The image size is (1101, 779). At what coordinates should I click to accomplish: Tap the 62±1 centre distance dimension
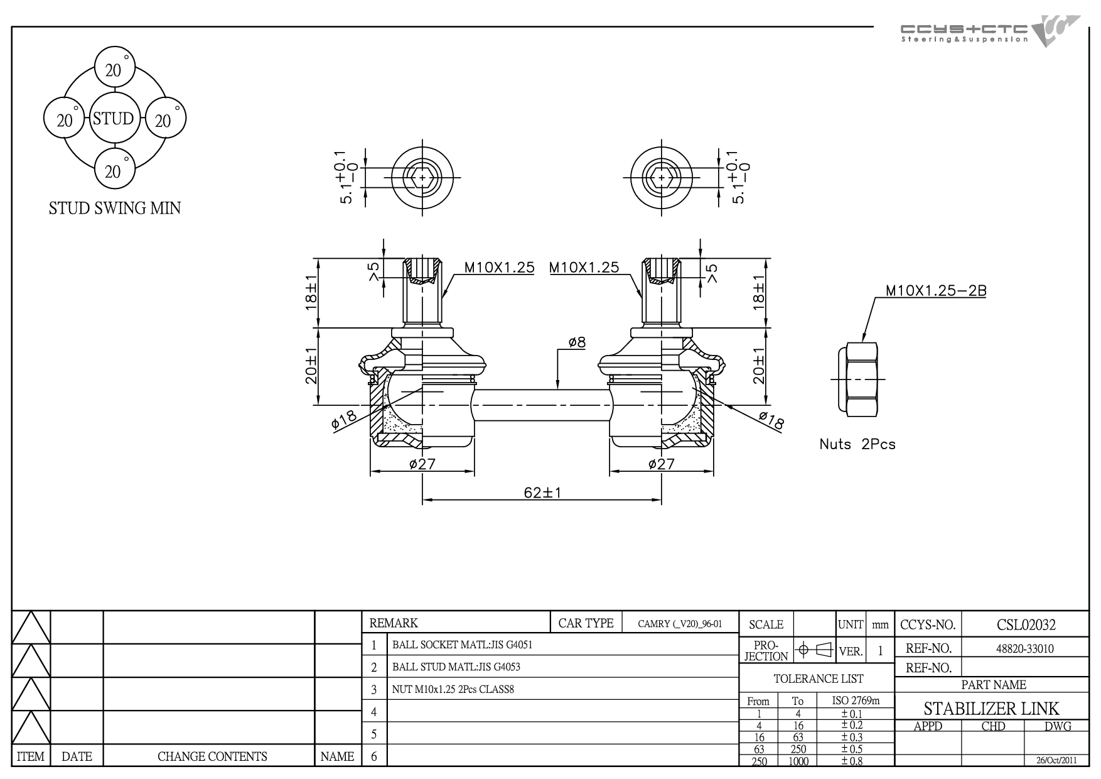(542, 493)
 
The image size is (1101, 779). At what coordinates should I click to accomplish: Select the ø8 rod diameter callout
(577, 342)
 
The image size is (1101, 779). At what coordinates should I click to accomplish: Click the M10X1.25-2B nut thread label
(935, 291)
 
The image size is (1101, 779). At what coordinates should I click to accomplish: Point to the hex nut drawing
(861, 379)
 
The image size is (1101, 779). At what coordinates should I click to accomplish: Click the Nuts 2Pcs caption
(857, 444)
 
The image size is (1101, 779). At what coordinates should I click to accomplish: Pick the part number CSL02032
(1026, 624)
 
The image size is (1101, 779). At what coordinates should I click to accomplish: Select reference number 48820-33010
(1025, 648)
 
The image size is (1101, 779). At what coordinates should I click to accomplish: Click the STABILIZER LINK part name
(991, 709)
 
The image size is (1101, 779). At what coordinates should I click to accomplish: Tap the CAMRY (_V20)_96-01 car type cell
(680, 624)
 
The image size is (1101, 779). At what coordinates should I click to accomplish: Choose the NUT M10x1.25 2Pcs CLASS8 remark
(453, 689)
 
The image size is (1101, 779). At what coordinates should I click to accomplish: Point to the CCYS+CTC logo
(990, 31)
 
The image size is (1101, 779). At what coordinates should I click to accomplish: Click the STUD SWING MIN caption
(115, 208)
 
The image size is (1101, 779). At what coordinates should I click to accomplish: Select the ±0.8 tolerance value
(852, 761)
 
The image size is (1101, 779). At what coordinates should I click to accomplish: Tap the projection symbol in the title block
(814, 650)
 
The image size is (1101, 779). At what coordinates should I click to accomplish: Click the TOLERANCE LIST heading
(818, 678)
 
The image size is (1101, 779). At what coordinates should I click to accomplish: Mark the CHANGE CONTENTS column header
(212, 756)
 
